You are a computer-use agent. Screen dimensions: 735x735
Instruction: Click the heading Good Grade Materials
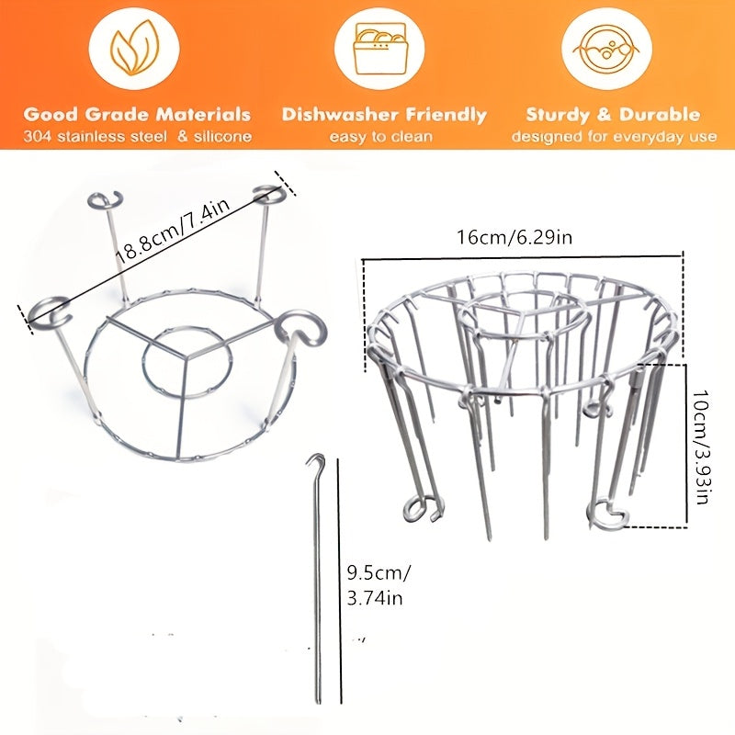[137, 115]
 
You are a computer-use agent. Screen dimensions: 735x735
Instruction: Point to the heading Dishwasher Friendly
[384, 115]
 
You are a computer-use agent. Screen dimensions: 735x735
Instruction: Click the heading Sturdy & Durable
[613, 115]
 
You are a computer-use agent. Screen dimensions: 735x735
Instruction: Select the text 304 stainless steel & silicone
[137, 138]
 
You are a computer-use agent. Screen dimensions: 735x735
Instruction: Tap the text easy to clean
[384, 138]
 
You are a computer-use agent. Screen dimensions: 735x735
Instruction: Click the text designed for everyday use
[614, 138]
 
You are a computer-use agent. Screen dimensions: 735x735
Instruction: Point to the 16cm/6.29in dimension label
[514, 238]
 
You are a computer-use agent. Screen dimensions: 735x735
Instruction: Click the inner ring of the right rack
[524, 317]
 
